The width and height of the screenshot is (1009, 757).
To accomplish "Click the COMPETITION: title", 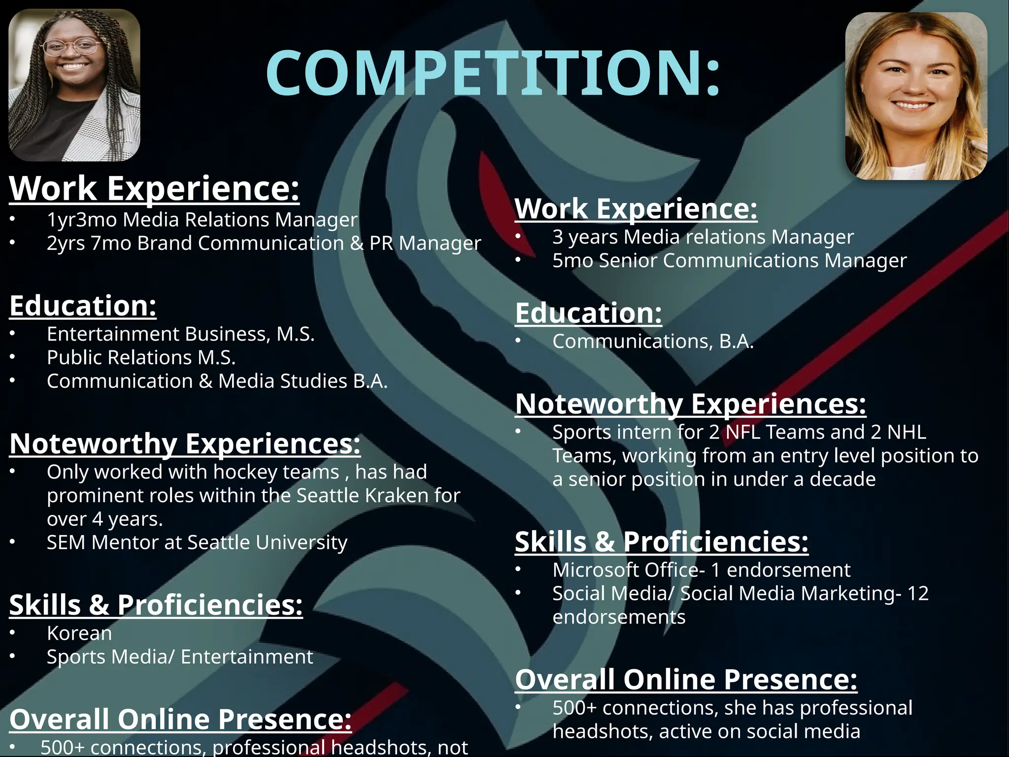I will [x=493, y=73].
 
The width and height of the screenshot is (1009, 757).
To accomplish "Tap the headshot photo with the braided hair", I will [x=74, y=85].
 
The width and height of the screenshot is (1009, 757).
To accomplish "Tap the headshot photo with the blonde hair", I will [x=916, y=96].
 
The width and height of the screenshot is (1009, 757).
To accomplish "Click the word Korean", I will [x=79, y=633].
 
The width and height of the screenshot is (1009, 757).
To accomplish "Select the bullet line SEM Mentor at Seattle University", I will [x=197, y=543].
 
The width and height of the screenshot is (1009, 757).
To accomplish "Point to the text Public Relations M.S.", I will [x=141, y=358].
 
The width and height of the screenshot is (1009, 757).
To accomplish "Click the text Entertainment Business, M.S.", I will [x=180, y=334].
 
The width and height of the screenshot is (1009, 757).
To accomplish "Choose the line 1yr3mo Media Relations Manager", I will [x=202, y=220].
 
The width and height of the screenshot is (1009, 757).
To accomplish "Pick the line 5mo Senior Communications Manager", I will [x=729, y=261].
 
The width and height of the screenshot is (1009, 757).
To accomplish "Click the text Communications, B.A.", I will [x=653, y=342].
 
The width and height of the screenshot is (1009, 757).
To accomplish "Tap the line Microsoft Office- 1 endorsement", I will [x=701, y=570].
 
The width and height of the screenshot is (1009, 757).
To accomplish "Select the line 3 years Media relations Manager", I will [x=703, y=237].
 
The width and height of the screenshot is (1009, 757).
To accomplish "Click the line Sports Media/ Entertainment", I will [x=180, y=657].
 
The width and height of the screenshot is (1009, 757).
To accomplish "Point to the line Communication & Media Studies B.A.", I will [x=217, y=381].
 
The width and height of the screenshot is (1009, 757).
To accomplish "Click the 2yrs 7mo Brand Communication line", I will [x=264, y=243].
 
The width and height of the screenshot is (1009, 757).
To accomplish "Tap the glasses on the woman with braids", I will [x=71, y=47].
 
